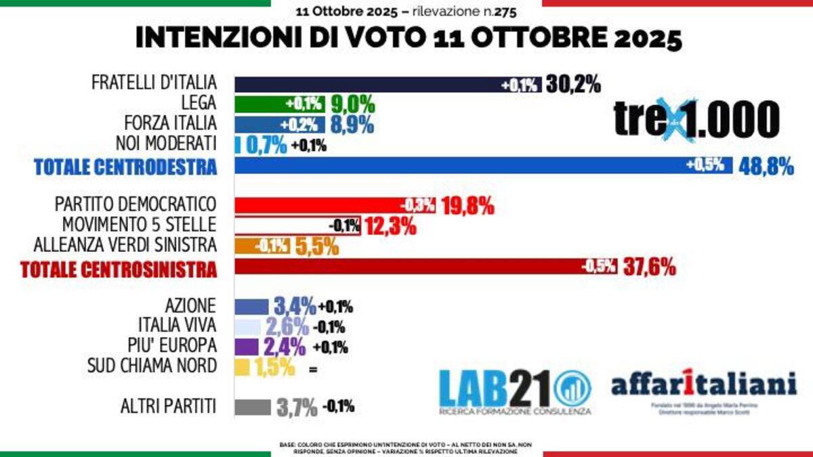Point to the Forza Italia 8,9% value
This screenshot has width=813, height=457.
coord(352,125)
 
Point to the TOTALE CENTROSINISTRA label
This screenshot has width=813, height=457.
coord(119,269)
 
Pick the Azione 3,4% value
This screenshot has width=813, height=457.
coord(294,307)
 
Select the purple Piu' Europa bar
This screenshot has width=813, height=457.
coord(247,347)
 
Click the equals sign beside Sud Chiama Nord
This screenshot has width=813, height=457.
coord(312,370)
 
